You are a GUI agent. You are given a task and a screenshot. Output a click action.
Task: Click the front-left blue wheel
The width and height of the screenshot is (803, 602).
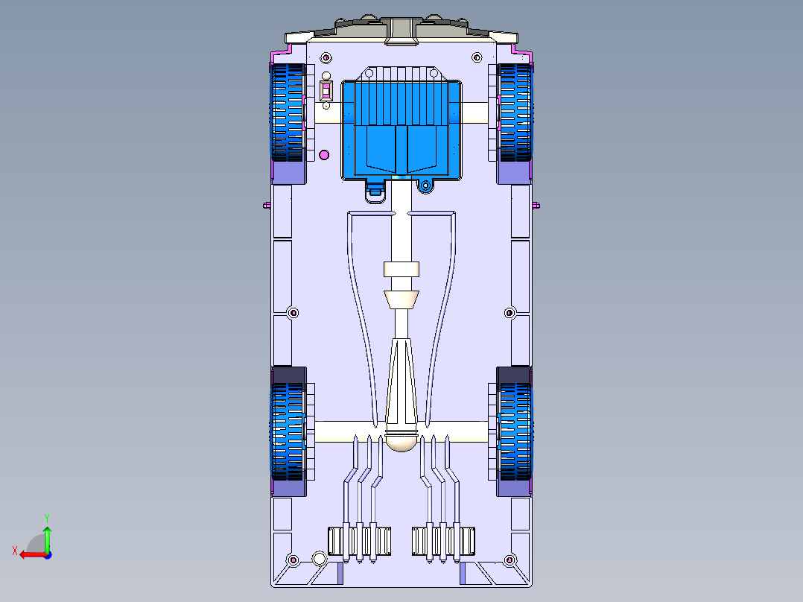(x=288, y=113)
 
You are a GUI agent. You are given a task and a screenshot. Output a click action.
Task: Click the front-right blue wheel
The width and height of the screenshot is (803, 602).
(x=515, y=113)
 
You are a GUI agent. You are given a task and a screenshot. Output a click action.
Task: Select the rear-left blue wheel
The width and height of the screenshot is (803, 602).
(x=288, y=432)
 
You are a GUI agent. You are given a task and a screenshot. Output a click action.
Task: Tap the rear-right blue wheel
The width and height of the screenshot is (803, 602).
(x=515, y=432)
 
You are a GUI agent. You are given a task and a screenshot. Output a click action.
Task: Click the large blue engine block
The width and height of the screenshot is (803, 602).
(x=401, y=124)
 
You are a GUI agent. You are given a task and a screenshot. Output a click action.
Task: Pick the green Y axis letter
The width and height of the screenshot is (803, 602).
(x=47, y=518)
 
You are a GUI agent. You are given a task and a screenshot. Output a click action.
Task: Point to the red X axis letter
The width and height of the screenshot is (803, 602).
(x=15, y=551)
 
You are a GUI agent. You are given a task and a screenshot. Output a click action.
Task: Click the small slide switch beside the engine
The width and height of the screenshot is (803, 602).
(x=326, y=91)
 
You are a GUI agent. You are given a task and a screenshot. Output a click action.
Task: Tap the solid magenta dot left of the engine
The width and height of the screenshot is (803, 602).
(x=323, y=155)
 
